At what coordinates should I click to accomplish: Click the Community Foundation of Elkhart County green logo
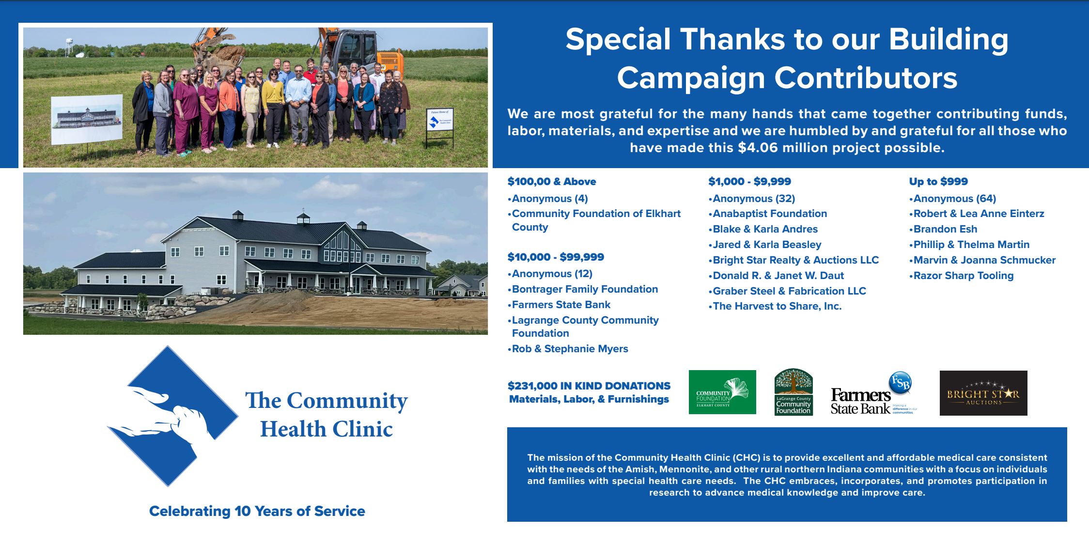722,392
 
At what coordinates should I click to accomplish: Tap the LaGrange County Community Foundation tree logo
793,392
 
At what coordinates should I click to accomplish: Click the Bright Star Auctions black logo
983,393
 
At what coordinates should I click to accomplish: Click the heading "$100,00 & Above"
551,182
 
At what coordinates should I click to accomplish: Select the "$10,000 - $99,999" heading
556,257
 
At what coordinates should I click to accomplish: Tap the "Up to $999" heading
938,182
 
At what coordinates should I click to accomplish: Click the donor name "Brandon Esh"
945,229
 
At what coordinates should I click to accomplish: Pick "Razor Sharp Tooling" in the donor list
963,276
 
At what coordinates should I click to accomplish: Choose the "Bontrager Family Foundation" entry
584,289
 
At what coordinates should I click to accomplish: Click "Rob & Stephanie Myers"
570,349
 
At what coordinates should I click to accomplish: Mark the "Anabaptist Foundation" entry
769,214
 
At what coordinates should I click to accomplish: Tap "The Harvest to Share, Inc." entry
777,306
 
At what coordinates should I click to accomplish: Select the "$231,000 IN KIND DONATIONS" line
589,386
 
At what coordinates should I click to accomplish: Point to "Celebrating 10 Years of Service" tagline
257,511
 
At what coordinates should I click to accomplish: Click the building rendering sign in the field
87,119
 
